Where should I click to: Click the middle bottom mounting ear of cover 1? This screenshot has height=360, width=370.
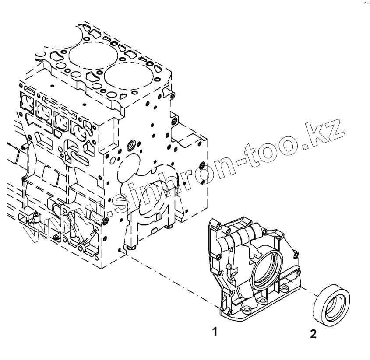coord(250,308)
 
